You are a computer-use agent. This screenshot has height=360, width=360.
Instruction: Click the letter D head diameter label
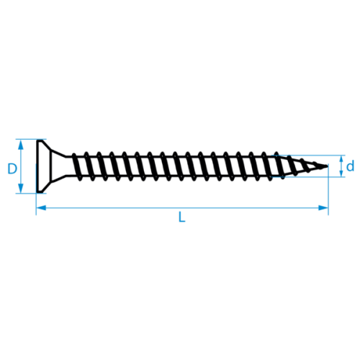pyautogui.click(x=12, y=168)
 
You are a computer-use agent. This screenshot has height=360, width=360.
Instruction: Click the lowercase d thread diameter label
pyautogui.click(x=350, y=166)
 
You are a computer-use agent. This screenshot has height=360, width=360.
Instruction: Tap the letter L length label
pyautogui.click(x=182, y=217)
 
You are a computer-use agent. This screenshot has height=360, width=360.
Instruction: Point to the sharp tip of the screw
pyautogui.click(x=328, y=166)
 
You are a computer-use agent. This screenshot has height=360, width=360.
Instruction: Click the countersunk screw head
pyautogui.click(x=51, y=166)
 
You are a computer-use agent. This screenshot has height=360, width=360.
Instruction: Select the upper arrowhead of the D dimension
pyautogui.click(x=21, y=145)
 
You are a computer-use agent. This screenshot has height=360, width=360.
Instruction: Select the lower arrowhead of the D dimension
pyautogui.click(x=21, y=188)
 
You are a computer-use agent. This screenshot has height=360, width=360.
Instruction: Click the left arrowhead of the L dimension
pyautogui.click(x=41, y=208)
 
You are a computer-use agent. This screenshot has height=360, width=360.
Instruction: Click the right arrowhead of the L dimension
pyautogui.click(x=323, y=208)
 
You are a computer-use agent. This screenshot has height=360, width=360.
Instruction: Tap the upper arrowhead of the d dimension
pyautogui.click(x=341, y=159)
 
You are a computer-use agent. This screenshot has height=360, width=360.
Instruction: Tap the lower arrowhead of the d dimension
pyautogui.click(x=341, y=174)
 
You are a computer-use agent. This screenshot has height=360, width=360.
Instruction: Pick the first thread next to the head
pyautogui.click(x=76, y=166)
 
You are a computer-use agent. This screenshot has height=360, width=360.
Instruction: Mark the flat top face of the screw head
pyautogui.click(x=37, y=166)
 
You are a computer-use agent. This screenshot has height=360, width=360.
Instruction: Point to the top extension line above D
pyautogui.click(x=31, y=139)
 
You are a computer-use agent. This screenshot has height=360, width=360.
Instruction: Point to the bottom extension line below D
pyautogui.click(x=31, y=194)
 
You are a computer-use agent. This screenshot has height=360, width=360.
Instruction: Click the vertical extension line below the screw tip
pyautogui.click(x=328, y=189)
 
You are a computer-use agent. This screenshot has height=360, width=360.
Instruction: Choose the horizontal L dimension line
pyautogui.click(x=182, y=208)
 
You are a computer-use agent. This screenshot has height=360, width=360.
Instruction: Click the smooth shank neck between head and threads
pyautogui.click(x=69, y=166)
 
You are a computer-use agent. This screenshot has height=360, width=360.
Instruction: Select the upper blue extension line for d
pyautogui.click(x=309, y=156)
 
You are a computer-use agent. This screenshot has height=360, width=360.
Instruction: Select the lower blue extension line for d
pyautogui.click(x=309, y=177)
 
